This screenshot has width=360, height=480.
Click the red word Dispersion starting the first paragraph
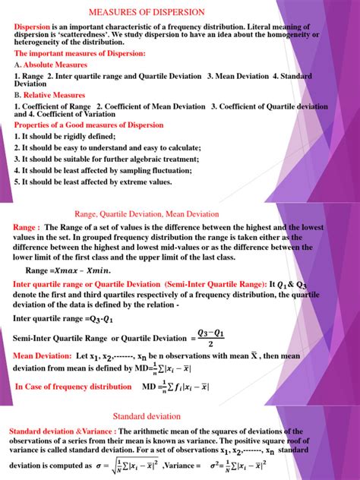[x=35, y=27]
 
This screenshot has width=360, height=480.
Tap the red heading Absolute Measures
[x=56, y=65]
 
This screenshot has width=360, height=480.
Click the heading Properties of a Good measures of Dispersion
[x=88, y=125]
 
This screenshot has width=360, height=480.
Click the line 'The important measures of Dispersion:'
[x=80, y=54]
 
